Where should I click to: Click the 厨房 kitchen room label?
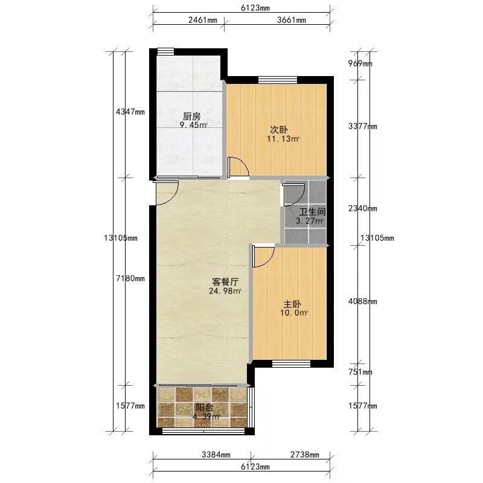pos(191,117)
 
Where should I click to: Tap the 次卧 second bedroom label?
pos(279,130)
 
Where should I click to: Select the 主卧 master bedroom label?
pos(292,304)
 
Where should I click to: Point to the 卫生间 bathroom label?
pos(312,212)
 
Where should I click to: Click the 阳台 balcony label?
pos(205,408)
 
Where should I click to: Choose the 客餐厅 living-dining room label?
pos(225,282)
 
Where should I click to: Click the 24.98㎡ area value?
pos(225,291)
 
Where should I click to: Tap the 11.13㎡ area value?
pos(283,139)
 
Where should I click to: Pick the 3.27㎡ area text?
pos(310,221)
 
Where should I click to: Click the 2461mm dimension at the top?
pos(203,21)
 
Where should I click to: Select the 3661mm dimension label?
pos(292,21)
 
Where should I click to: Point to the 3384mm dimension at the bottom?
pos(216,455)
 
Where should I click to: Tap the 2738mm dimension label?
pos(305,455)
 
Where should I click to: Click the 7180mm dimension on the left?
pos(130,278)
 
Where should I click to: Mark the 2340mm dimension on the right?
pos(363,208)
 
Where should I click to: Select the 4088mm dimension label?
pos(363,301)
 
